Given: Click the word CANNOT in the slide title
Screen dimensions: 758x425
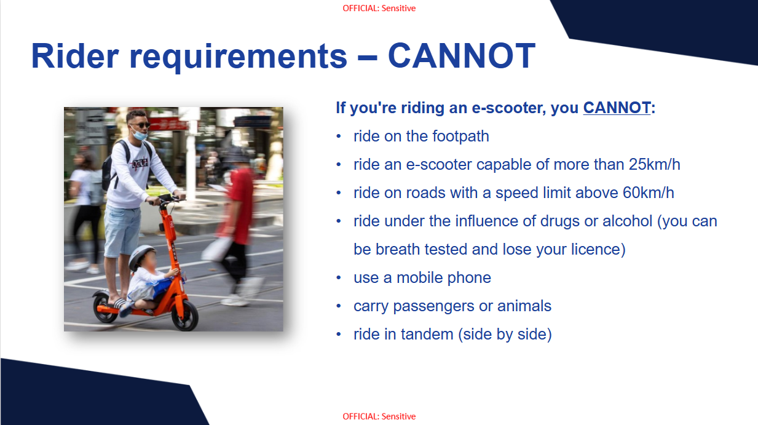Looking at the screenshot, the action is (462, 56).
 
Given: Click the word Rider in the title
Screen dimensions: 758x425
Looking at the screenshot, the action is (75, 56).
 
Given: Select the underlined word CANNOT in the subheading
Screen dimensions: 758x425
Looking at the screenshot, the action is (617, 108).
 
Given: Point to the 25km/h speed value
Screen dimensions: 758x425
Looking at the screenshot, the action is (655, 165).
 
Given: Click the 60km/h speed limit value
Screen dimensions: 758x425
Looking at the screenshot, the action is (649, 193).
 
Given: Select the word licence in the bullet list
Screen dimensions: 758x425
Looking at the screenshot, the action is (596, 250).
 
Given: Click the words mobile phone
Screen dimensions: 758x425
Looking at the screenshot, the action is (444, 278).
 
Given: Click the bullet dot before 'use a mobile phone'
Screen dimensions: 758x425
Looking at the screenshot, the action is (339, 278).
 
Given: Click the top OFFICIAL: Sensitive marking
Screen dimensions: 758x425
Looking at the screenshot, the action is (379, 8).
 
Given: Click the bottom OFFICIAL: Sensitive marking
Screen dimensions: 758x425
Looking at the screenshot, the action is (379, 416).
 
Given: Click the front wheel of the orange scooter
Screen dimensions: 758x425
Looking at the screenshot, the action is (185, 316).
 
